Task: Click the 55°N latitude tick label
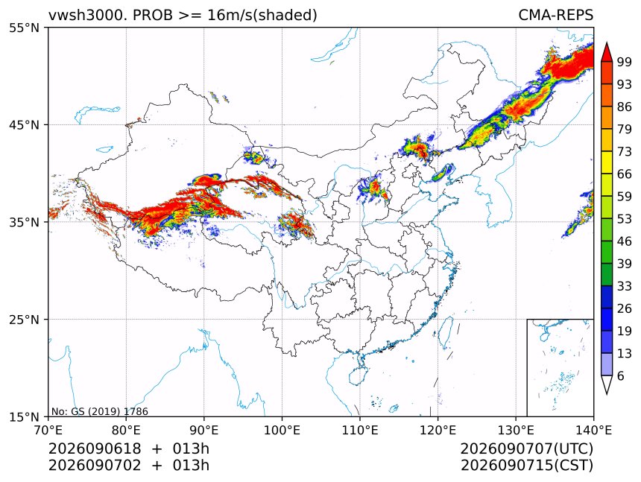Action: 24,28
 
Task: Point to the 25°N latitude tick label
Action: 24,319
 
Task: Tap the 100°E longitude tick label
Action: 282,430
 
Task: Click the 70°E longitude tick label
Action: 48,430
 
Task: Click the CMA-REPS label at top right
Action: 555,15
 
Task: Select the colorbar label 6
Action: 621,375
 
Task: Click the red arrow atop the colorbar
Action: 607,52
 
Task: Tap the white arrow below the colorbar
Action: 607,384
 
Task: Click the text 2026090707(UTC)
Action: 526,449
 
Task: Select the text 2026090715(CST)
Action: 526,466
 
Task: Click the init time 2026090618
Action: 95,448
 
